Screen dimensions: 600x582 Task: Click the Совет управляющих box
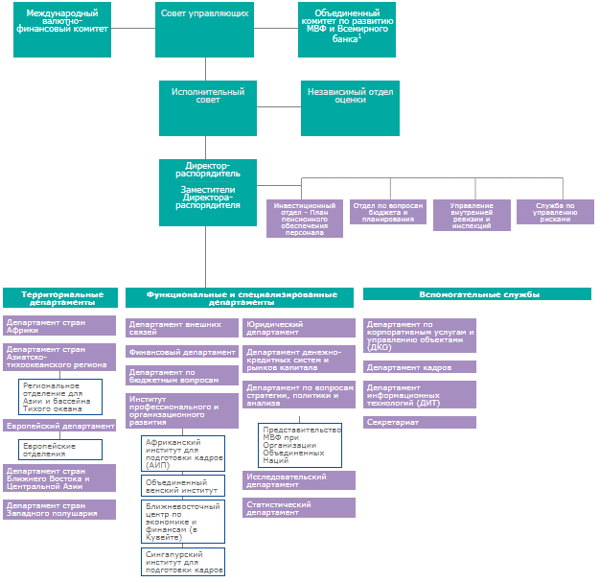click(x=204, y=30)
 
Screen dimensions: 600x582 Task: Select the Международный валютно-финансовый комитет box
click(x=62, y=30)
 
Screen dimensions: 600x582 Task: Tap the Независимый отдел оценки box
click(x=350, y=108)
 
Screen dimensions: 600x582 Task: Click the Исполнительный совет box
click(x=208, y=108)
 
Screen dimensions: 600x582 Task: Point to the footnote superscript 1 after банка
click(x=359, y=36)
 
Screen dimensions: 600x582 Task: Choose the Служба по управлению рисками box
click(x=555, y=212)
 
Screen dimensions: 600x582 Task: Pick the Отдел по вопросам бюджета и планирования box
click(x=388, y=212)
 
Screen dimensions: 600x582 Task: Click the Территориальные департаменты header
click(x=60, y=297)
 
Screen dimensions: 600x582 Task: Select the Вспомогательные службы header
click(x=477, y=294)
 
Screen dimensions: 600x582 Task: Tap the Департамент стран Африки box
click(x=59, y=325)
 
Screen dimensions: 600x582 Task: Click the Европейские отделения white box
click(x=60, y=450)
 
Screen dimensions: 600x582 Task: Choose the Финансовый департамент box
click(x=182, y=352)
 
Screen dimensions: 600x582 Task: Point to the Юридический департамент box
click(x=299, y=328)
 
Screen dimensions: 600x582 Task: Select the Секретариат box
click(x=420, y=422)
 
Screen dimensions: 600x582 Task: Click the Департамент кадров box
click(x=420, y=367)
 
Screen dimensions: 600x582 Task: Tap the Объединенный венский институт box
click(x=183, y=485)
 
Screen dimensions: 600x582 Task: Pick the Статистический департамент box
click(x=299, y=508)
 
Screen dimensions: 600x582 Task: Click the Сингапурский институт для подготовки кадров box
click(x=183, y=562)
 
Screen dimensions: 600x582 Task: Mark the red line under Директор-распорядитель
click(x=208, y=181)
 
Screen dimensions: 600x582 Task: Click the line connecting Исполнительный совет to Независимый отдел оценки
click(x=279, y=106)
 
